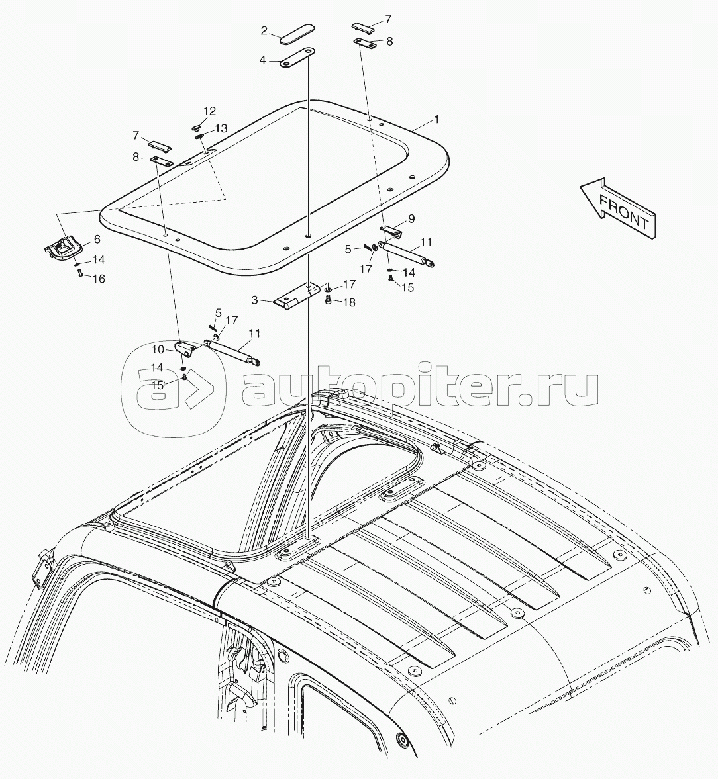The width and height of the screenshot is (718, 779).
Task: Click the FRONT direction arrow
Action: [x=618, y=208]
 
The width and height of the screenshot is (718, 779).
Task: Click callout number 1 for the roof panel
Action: [x=436, y=120]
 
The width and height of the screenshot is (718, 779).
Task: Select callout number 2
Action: [x=264, y=31]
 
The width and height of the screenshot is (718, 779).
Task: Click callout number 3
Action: [x=254, y=300]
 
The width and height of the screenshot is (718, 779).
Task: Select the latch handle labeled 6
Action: [x=64, y=247]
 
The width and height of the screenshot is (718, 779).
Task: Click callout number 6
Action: [x=97, y=240]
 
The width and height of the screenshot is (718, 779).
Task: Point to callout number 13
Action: [x=221, y=128]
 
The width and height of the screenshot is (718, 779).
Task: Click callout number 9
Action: [x=411, y=219]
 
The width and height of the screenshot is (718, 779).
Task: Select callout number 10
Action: [x=158, y=349]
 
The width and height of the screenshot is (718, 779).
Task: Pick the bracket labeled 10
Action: [x=185, y=347]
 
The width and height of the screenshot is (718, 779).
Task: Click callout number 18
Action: [x=350, y=302]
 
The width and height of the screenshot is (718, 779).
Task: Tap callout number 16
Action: [x=99, y=279]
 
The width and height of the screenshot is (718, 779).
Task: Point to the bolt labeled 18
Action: [x=328, y=300]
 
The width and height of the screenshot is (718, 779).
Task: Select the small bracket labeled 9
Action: [x=392, y=230]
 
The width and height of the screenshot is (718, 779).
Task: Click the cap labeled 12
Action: [x=196, y=128]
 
